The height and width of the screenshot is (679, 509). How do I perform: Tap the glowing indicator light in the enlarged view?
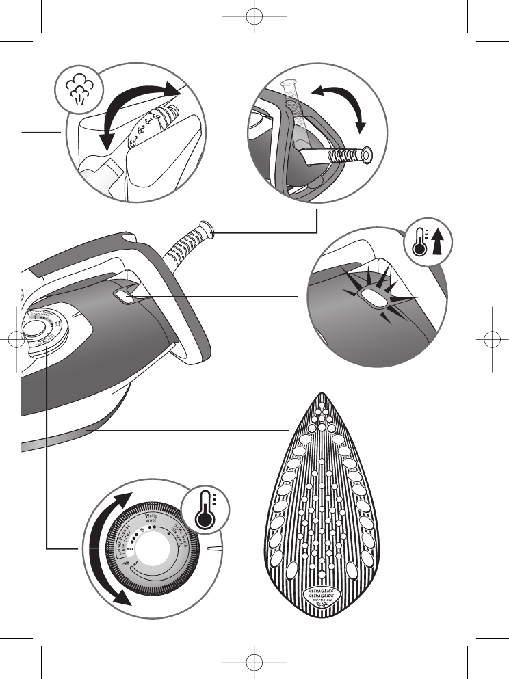374,297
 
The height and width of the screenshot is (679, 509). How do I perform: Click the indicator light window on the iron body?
125,295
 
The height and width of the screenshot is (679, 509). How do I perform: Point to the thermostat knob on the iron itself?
32,327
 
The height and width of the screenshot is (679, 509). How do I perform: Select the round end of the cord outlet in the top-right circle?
368,156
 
